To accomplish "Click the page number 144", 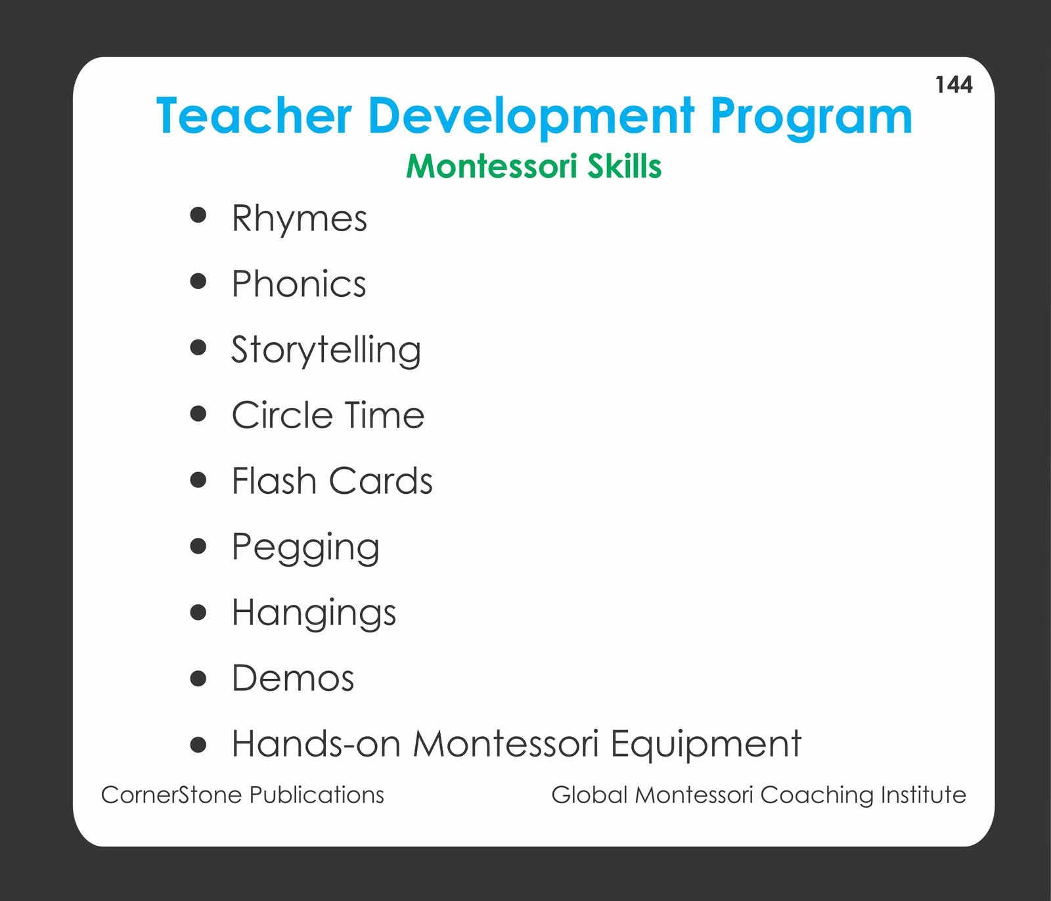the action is [954, 85].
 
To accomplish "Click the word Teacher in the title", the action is [254, 116].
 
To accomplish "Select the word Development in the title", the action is [531, 116].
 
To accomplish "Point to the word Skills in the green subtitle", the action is [624, 165].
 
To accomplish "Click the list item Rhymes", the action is [300, 219].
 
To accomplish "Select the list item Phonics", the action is [299, 284].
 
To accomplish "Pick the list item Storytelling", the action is [326, 351].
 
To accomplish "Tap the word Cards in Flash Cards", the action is [381, 481].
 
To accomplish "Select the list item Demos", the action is [293, 678].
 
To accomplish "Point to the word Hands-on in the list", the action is [316, 743].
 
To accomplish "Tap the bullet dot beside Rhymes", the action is [198, 215].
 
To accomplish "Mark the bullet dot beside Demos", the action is [198, 678].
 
